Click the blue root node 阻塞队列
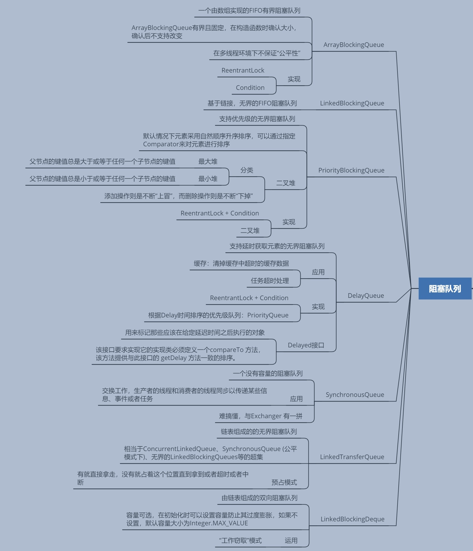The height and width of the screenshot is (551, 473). point(445,289)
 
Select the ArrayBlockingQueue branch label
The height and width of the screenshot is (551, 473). point(353,45)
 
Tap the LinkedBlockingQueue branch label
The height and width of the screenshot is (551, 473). point(352,103)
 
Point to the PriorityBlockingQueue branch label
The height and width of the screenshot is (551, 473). point(351,171)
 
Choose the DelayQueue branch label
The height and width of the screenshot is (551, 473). point(365,296)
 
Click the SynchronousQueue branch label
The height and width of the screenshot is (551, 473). point(355,395)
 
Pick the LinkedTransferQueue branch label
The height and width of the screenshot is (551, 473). point(352,457)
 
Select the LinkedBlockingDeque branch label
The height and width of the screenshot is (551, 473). point(352,519)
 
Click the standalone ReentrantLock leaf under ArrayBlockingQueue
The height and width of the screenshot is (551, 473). point(243,71)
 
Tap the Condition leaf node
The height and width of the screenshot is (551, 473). point(250,88)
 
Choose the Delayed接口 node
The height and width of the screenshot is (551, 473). point(306,345)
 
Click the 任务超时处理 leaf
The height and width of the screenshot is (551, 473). point(270,281)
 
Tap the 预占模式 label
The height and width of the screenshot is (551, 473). point(284,482)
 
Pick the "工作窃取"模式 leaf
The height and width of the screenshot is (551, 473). point(240,541)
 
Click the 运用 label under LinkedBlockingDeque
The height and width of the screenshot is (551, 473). point(291,541)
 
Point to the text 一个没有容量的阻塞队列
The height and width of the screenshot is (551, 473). point(267,374)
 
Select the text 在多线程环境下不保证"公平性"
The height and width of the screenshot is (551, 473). point(257,53)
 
